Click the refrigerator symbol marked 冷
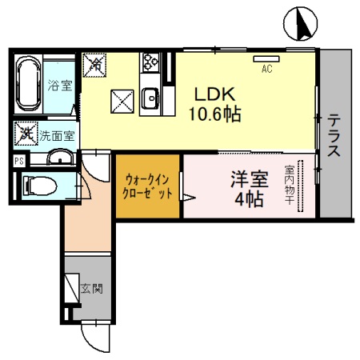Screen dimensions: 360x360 [94, 62]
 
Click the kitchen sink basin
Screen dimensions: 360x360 [150, 99]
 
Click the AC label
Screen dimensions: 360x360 [267, 69]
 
